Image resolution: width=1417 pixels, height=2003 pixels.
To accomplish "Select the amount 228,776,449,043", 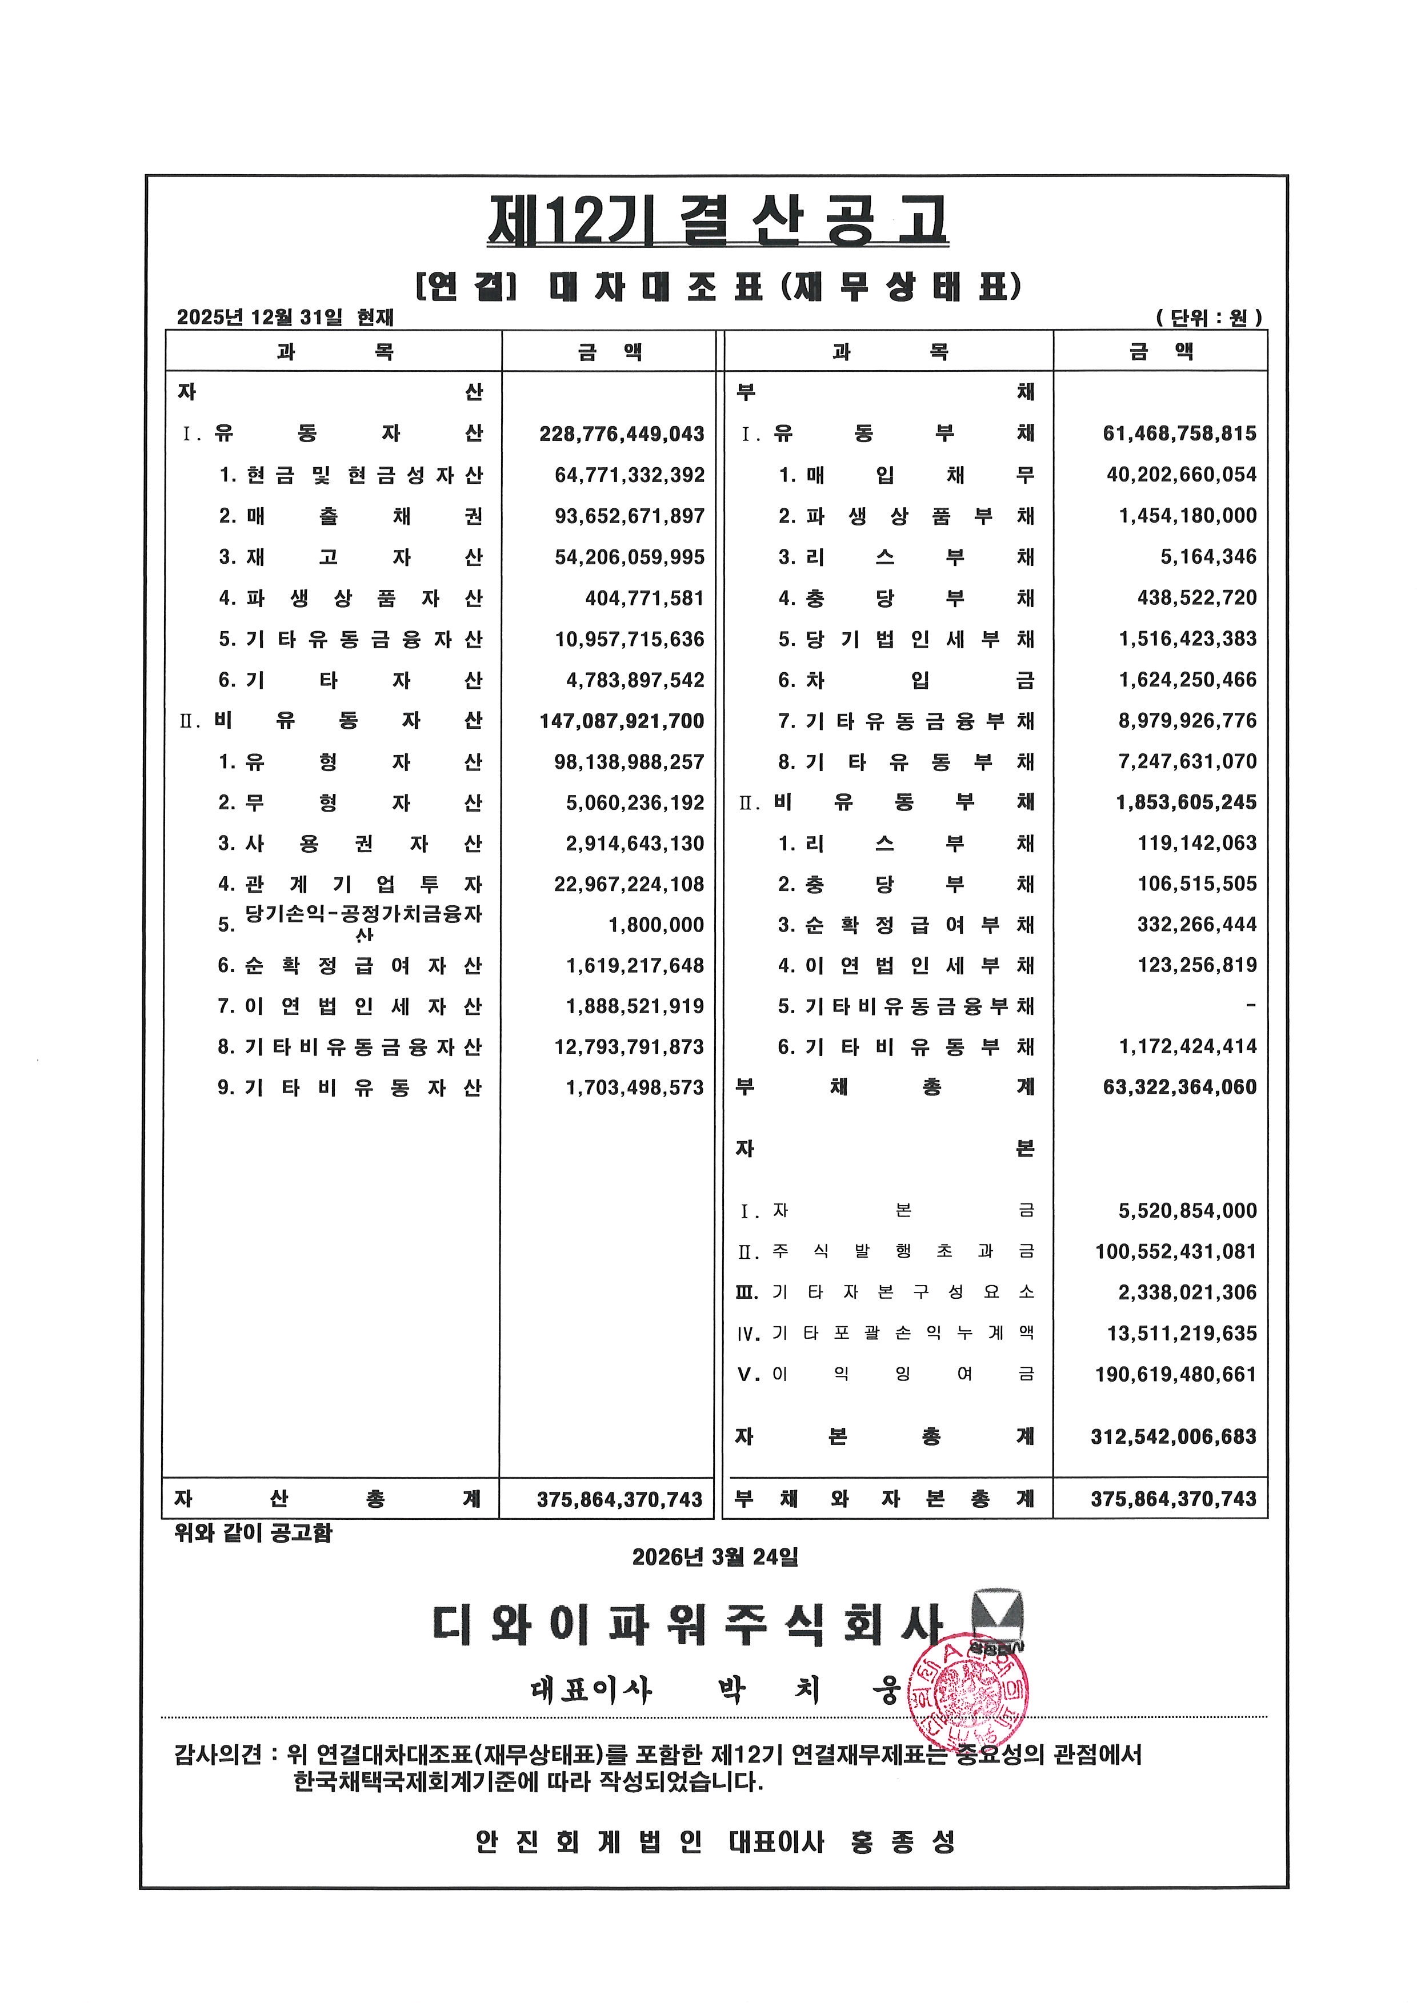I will [x=621, y=433].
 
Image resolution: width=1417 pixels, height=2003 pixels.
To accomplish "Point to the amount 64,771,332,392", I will [x=629, y=475].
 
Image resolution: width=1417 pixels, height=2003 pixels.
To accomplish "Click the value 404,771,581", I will [x=644, y=599].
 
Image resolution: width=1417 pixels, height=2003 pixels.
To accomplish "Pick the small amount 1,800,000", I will [x=656, y=925].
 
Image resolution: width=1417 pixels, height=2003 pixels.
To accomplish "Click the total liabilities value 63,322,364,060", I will [x=1180, y=1087].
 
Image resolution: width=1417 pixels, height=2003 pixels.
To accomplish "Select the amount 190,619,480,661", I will [x=1175, y=1375].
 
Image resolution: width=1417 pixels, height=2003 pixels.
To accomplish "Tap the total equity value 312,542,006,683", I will [x=1174, y=1437].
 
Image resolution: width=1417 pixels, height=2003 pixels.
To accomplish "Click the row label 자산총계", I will [x=327, y=1499].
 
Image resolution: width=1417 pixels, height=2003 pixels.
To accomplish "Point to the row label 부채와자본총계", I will [x=884, y=1499].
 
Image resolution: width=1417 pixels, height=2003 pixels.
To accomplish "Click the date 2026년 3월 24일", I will [x=715, y=1556].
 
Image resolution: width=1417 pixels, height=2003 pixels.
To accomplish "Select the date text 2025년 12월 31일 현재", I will [x=285, y=316].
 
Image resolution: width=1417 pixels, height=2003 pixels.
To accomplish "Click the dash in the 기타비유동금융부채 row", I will [x=1250, y=1006].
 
